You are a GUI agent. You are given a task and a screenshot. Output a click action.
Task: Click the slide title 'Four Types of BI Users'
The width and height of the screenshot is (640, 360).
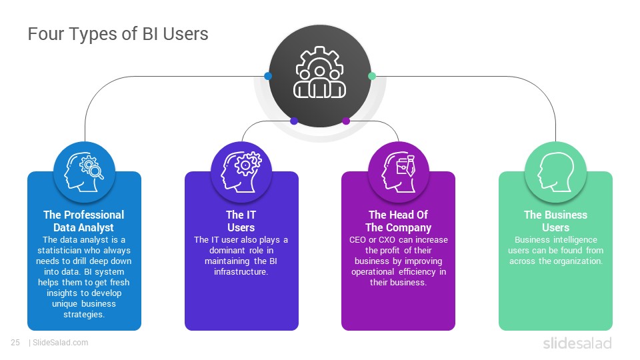(x=118, y=34)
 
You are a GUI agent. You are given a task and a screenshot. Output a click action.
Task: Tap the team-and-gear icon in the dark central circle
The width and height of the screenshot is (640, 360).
(x=319, y=72)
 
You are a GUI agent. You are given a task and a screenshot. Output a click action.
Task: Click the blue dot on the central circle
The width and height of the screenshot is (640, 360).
(x=268, y=76)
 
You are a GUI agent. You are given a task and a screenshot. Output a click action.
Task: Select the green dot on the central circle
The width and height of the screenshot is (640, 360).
(x=372, y=76)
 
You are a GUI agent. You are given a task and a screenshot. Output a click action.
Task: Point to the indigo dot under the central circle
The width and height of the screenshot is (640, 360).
(x=294, y=121)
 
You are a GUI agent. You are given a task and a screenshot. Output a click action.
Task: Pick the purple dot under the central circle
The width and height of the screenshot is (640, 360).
(x=346, y=121)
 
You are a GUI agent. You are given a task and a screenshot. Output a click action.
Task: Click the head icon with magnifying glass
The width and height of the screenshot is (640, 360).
(x=84, y=172)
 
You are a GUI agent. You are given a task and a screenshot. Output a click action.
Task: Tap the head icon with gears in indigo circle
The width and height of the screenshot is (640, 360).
(x=241, y=172)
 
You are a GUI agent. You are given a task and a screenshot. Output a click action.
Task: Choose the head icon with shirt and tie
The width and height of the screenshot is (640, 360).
(x=399, y=172)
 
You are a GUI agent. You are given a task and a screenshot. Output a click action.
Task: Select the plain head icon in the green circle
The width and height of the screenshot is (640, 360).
(x=555, y=172)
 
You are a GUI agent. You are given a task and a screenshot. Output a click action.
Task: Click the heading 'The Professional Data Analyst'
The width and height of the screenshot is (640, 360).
(x=84, y=221)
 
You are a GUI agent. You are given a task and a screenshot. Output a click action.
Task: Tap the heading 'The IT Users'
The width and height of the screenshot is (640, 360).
(x=241, y=221)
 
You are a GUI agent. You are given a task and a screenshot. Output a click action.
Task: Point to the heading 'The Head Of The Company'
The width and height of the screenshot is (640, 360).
(x=399, y=221)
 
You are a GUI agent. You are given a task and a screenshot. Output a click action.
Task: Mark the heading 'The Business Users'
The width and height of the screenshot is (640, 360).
(x=555, y=221)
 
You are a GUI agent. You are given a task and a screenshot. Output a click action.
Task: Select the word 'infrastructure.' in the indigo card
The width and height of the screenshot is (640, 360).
(x=241, y=271)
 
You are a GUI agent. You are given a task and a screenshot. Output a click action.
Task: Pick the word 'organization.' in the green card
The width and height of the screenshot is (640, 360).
(x=579, y=261)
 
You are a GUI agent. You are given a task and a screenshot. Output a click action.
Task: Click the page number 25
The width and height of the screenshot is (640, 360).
(x=15, y=343)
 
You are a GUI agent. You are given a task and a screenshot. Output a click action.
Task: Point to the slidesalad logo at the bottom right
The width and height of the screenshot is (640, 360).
(x=577, y=343)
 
